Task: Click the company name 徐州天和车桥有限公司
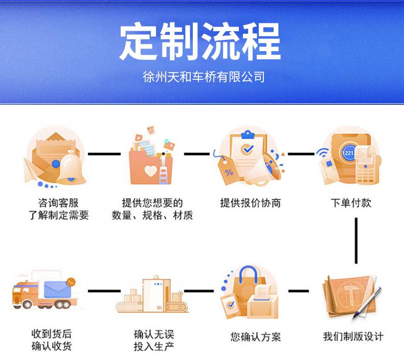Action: coord(204,77)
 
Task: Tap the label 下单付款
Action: coord(350,203)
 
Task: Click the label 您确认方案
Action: coord(256,336)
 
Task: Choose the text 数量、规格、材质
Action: coord(152,215)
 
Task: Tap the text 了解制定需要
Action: coord(58,215)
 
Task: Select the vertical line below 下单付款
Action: coord(356,240)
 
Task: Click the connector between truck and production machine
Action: coord(105,291)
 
